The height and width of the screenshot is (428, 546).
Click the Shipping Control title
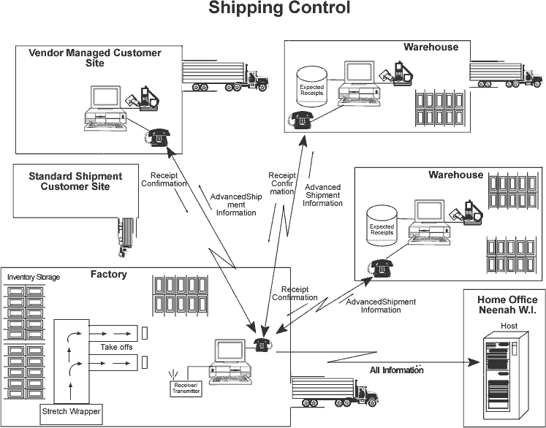pos(280,9)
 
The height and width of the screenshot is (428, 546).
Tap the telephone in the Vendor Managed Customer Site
pos(157,137)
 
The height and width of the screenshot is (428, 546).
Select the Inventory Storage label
pos(34,277)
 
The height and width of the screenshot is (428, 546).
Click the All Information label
pos(397,370)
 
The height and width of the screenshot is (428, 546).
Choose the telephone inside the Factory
pos(262,345)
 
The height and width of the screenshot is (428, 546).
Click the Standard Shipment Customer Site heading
pos(75,181)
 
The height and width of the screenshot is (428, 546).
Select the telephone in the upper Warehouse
pos(301,121)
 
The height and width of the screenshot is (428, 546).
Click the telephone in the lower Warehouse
pos(381,268)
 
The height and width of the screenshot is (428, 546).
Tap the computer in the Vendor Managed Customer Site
pos(104,110)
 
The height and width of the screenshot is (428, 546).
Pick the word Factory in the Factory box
pos(109,275)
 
